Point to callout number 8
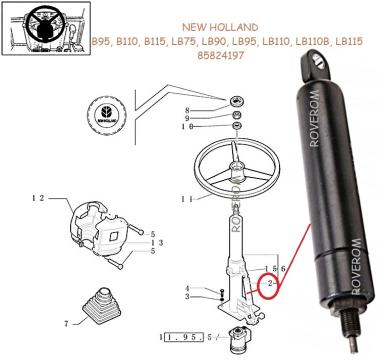click(187, 108)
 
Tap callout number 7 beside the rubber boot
click(66, 323)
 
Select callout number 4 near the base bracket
click(187, 289)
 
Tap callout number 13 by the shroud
click(157, 242)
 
